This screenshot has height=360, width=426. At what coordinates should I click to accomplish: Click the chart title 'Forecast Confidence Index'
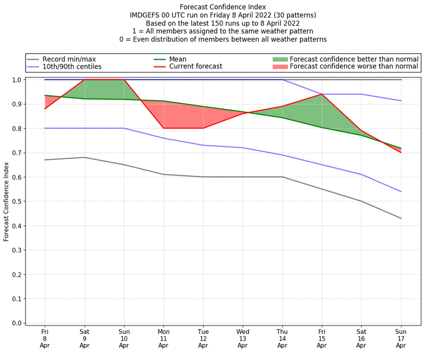223,6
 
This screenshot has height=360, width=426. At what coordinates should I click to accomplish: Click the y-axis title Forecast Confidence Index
7,201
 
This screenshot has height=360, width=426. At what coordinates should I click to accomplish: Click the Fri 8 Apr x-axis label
45,338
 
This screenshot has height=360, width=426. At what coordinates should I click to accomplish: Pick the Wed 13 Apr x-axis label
242,338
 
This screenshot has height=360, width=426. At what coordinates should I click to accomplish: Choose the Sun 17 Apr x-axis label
400,338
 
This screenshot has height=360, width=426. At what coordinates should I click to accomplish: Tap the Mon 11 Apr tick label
163,338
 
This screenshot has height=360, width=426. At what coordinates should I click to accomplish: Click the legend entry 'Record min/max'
69,59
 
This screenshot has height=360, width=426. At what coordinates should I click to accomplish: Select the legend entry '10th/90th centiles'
72,67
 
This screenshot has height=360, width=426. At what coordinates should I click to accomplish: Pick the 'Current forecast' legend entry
195,67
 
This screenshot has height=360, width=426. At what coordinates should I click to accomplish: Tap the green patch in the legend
280,59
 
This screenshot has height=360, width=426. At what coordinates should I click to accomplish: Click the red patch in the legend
280,67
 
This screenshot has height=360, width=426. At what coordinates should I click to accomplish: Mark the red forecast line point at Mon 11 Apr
163,128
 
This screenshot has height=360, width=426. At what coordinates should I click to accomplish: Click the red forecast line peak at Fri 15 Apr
322,94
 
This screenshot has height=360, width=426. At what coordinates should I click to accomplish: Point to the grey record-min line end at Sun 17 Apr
400,218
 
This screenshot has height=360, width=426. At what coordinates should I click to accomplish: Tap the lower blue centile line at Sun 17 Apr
400,191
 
